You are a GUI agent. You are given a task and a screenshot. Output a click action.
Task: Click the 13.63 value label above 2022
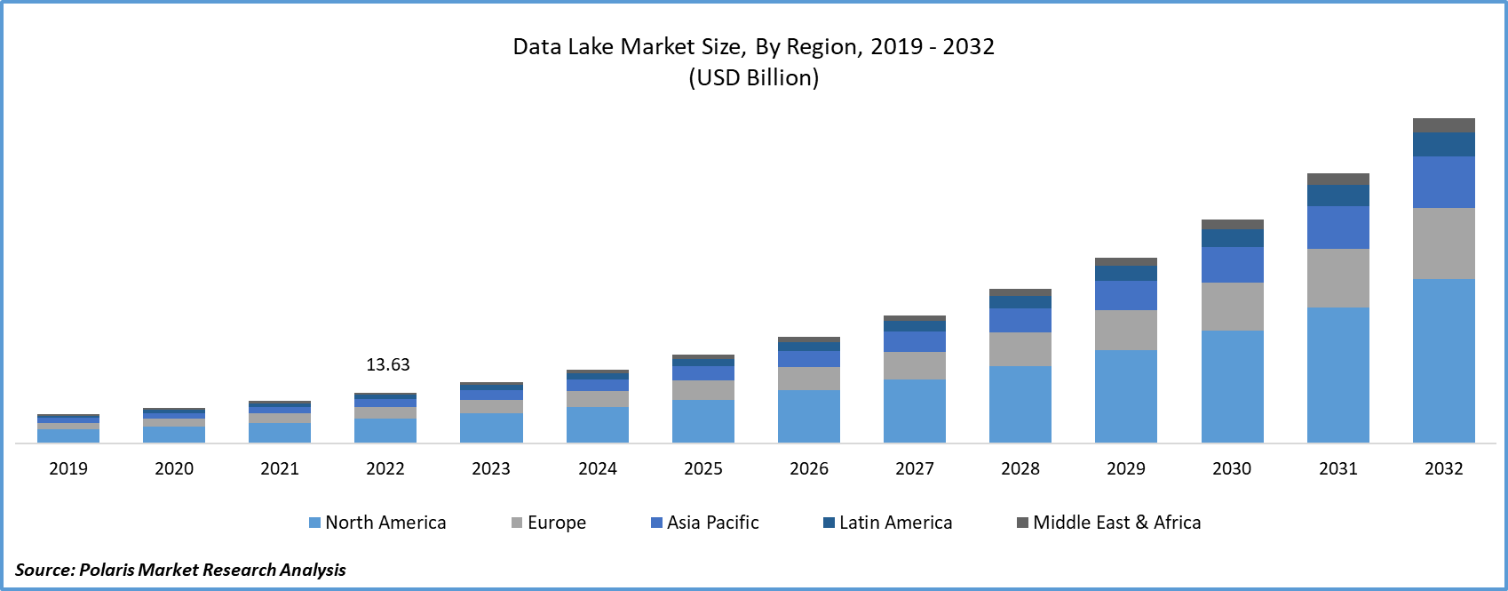click(388, 364)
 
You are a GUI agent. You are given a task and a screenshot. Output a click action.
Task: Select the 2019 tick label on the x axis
click(68, 468)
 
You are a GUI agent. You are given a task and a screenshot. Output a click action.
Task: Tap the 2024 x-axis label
click(597, 468)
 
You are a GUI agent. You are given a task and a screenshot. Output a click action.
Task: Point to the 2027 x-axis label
click(914, 468)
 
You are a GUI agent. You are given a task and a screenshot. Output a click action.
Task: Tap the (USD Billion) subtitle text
click(753, 77)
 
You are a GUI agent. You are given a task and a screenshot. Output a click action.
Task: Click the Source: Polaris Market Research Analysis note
click(180, 569)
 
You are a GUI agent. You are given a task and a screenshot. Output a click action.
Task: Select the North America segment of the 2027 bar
click(914, 411)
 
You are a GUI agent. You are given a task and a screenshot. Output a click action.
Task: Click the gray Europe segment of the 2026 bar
click(808, 379)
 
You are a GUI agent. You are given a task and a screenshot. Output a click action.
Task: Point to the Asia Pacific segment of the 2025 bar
click(702, 373)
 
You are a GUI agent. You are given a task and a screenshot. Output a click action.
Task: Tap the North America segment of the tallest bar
click(1443, 360)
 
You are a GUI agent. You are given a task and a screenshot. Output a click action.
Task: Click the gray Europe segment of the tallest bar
click(1443, 244)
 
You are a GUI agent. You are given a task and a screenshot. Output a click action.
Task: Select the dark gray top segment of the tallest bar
click(1443, 125)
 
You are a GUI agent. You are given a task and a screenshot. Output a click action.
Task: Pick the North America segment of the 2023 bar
click(491, 427)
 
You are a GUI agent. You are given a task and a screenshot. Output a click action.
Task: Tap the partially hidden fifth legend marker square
click(1021, 523)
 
